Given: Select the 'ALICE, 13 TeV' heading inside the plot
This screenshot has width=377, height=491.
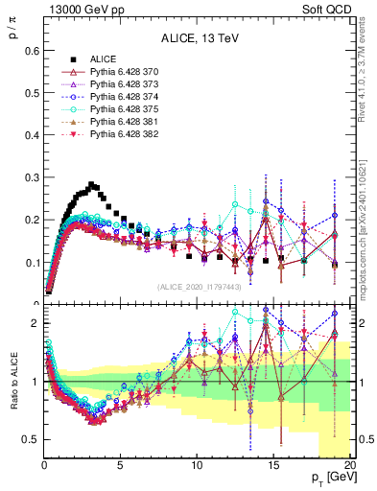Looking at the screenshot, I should [199, 38].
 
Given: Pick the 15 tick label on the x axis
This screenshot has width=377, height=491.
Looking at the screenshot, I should [274, 465].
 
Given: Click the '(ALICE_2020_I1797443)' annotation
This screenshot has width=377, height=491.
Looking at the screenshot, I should [199, 287].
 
